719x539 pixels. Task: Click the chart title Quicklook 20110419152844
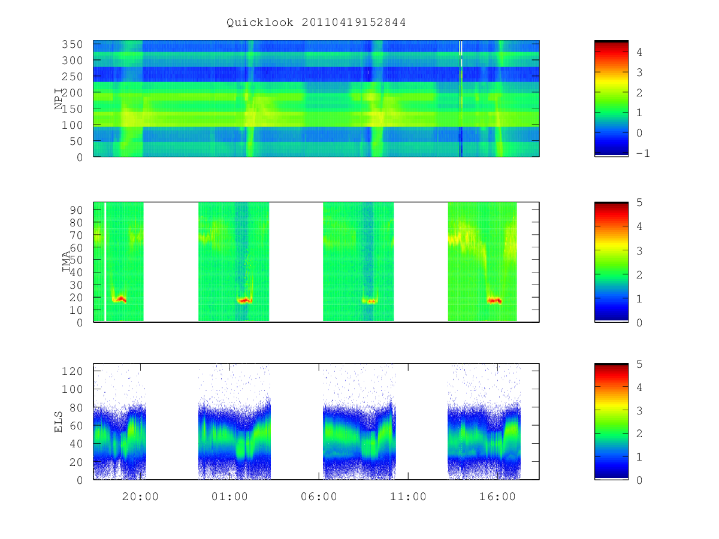tap(316, 22)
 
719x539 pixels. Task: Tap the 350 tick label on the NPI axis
tap(72, 44)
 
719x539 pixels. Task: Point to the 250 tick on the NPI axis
tap(72, 77)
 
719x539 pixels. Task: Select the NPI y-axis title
tap(58, 99)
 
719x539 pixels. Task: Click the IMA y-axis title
tap(66, 262)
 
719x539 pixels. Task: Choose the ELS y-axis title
tap(58, 422)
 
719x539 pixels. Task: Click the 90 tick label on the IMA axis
tap(76, 210)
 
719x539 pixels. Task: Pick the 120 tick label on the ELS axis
tap(72, 371)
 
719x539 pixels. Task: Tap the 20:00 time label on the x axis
tap(140, 496)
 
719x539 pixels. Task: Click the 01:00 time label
tap(229, 496)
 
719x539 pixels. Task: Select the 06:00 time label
tap(319, 496)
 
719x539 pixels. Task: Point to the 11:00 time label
tap(408, 496)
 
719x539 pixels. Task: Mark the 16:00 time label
tap(497, 496)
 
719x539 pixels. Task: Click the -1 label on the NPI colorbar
tap(643, 153)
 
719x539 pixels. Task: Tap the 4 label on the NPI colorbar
tap(639, 52)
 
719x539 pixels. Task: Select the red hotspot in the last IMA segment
tap(494, 300)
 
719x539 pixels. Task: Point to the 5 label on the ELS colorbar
tap(639, 364)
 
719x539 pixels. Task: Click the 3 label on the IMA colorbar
tap(639, 251)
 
